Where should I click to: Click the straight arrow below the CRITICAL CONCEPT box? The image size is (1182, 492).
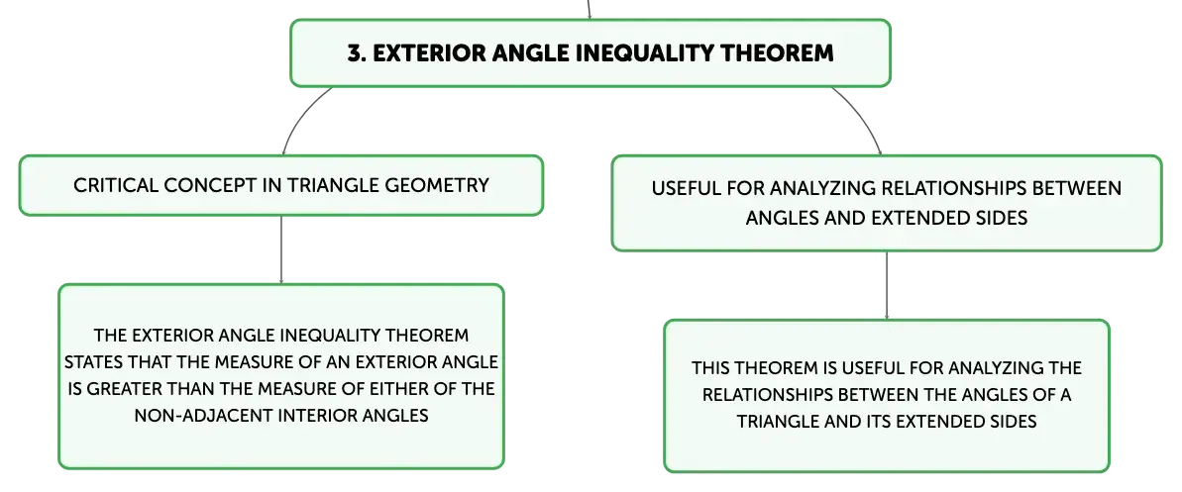point(281,250)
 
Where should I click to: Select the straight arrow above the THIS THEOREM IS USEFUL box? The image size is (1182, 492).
point(887,285)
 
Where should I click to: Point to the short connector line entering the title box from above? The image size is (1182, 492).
point(589,9)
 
